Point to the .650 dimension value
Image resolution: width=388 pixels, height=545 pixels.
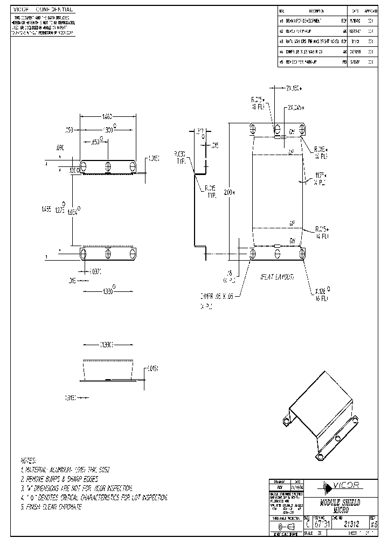click(96, 142)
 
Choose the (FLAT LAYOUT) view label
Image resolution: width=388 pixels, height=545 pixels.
click(277, 276)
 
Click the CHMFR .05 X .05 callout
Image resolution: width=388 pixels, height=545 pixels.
click(216, 296)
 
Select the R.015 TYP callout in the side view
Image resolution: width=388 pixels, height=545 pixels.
click(210, 192)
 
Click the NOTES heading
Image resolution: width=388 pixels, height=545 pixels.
click(28, 461)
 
